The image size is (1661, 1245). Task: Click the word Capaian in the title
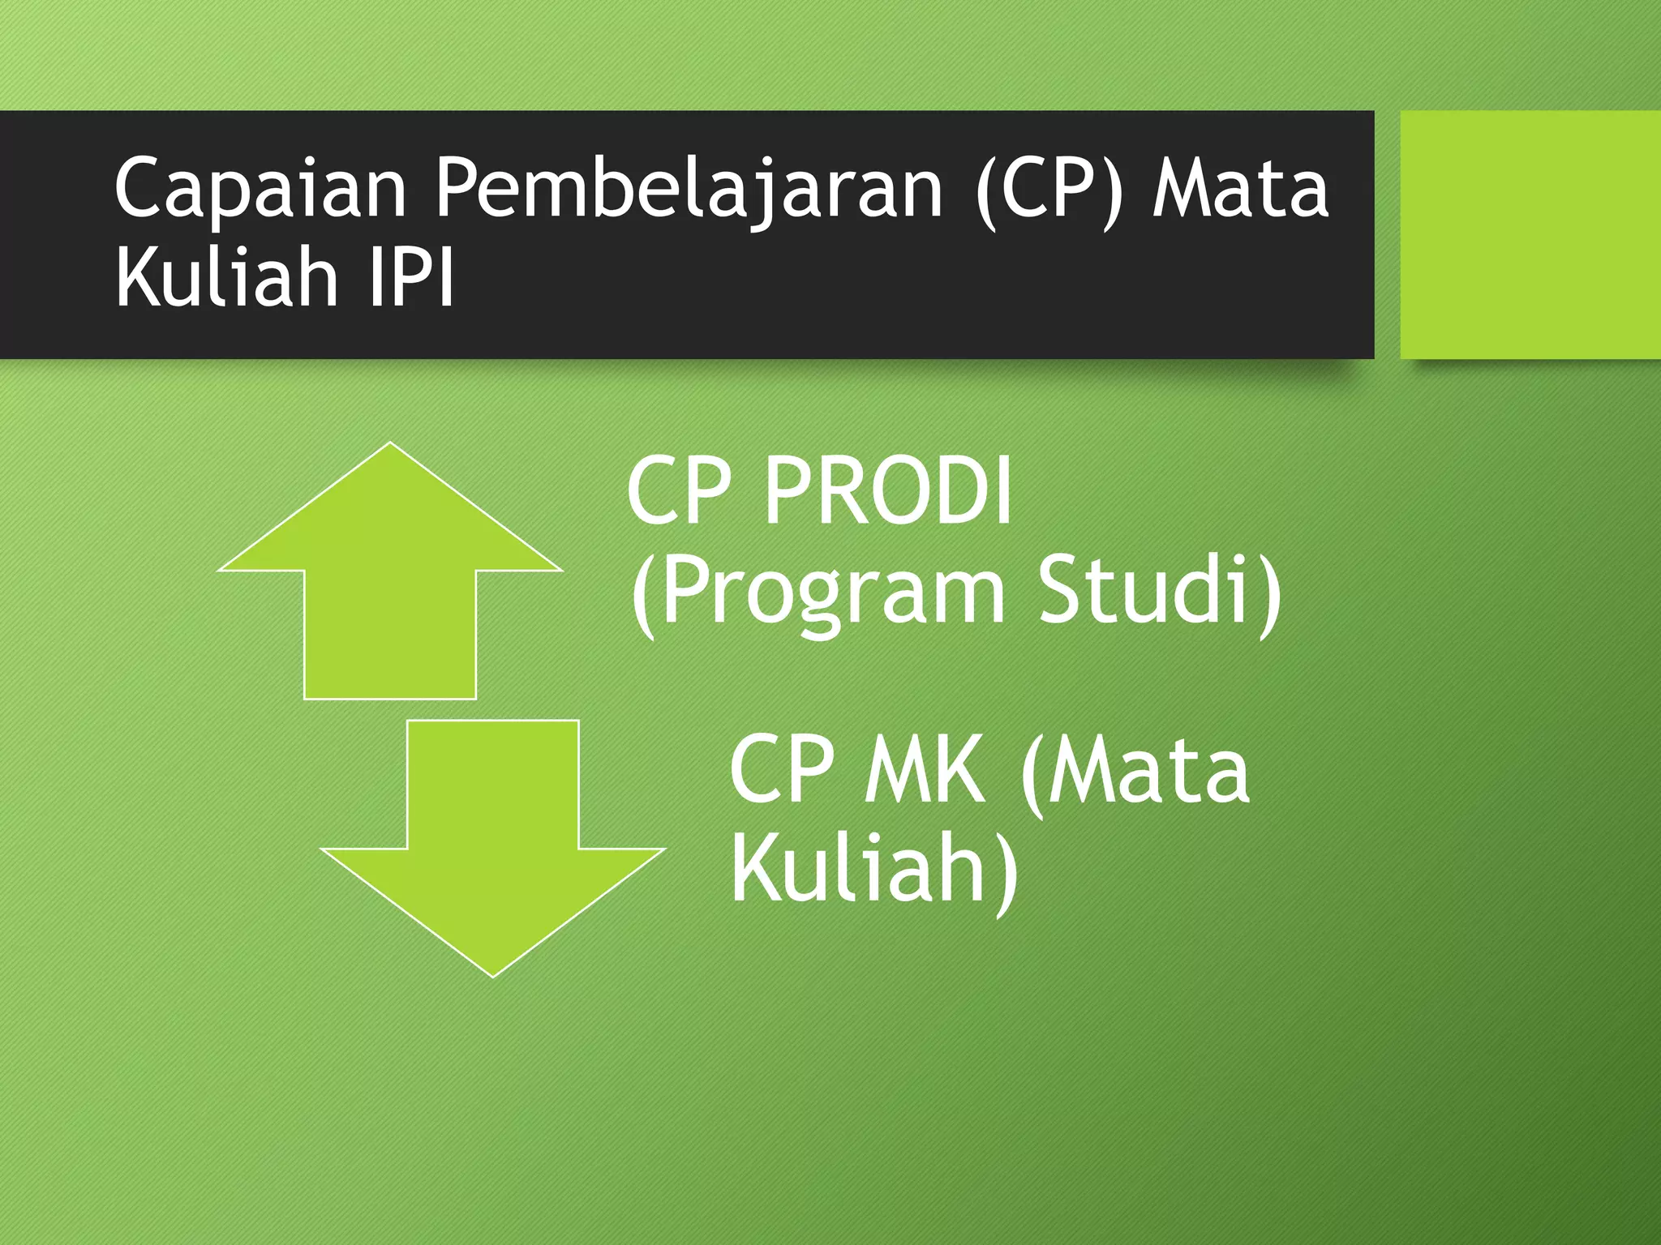pos(260,189)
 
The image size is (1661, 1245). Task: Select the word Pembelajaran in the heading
pos(689,189)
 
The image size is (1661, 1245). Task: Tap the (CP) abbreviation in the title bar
pos(1050,189)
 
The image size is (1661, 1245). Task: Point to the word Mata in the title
pos(1241,189)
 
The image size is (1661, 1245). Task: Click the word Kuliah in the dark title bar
pos(227,277)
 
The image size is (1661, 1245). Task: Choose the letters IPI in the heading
pos(411,277)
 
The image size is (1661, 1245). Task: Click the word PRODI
pos(888,491)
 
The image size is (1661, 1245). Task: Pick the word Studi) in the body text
pos(1160,592)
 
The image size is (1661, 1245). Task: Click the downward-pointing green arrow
pos(493,859)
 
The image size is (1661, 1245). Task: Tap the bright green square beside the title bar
pos(1530,234)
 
